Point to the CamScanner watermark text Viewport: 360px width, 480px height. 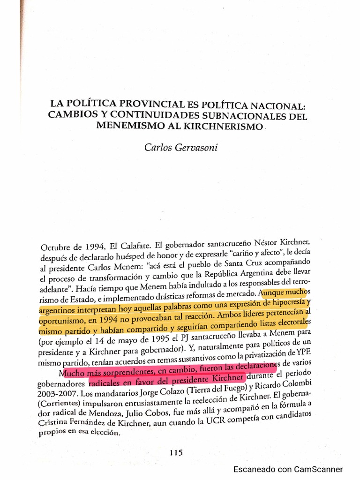pos(288,469)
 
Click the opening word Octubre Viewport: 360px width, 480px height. pos(56,247)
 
